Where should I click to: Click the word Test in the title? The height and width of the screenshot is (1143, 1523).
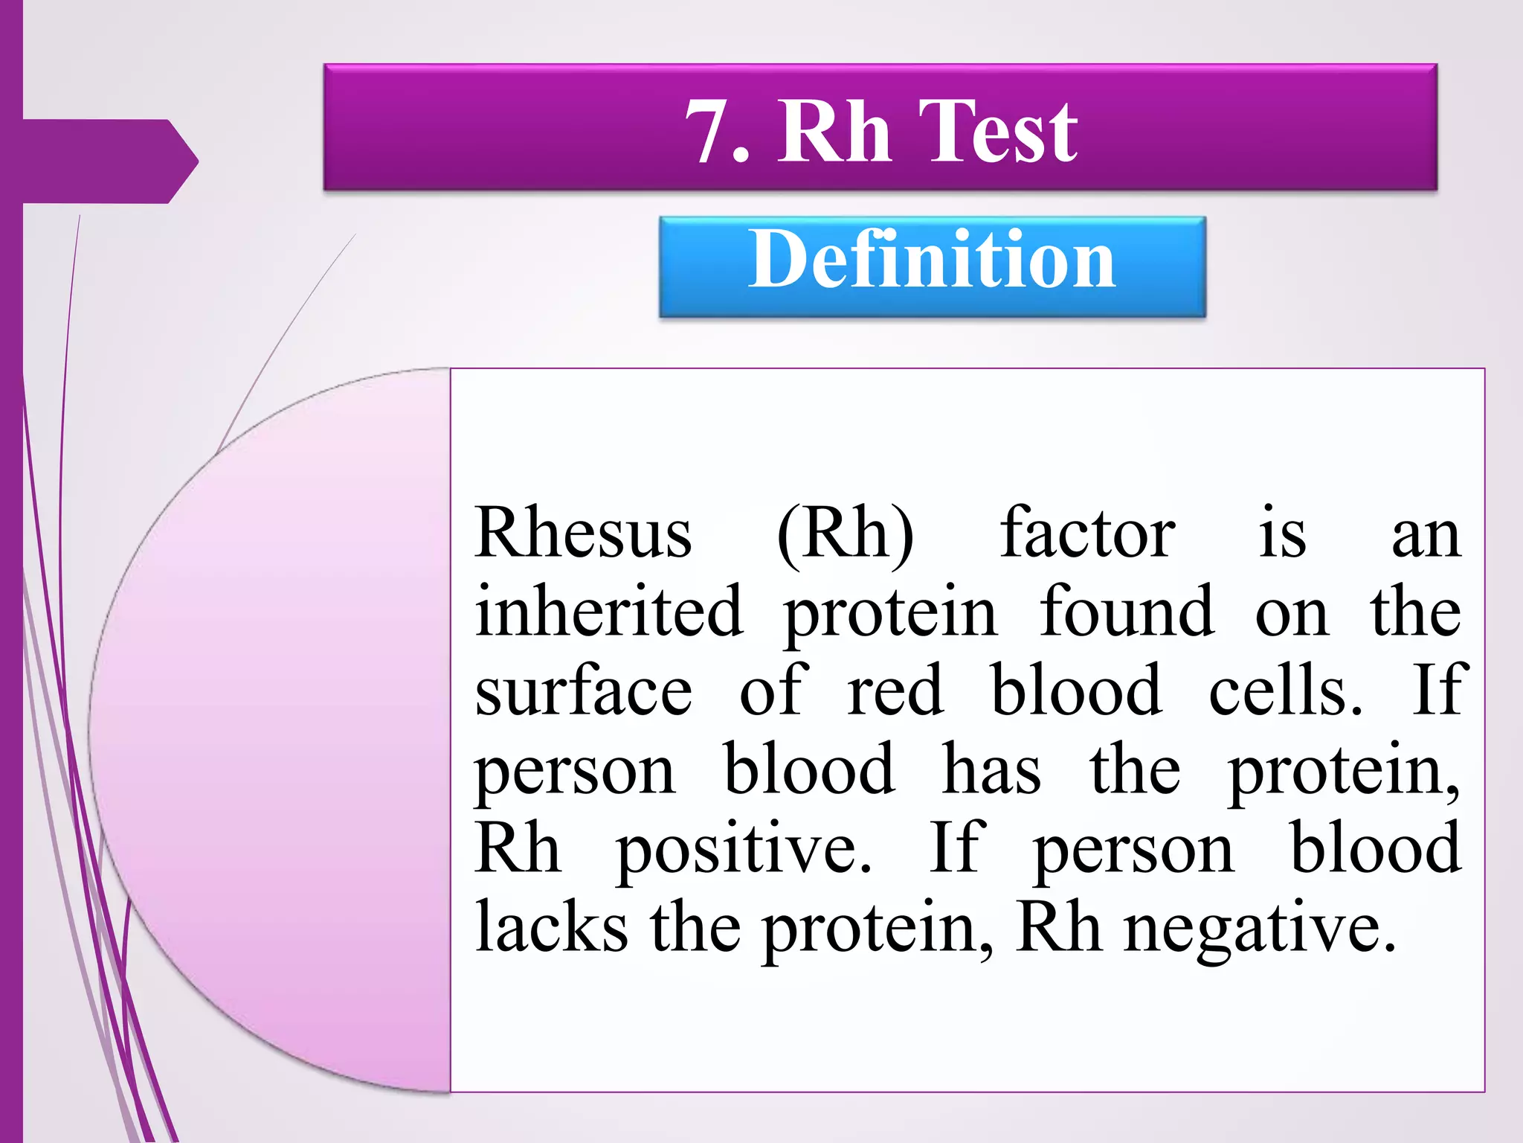point(998,132)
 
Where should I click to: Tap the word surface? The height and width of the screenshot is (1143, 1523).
point(583,692)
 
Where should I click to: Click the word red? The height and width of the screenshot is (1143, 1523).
point(895,692)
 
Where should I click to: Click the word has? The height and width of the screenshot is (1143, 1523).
point(991,771)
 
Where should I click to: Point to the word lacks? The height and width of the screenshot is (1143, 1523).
point(551,929)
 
